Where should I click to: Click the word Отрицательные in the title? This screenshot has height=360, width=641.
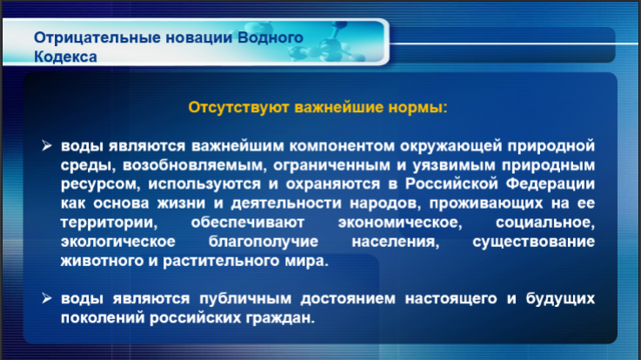click(97, 37)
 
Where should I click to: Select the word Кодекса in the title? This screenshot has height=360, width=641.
click(65, 57)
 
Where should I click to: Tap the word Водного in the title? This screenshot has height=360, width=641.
click(270, 37)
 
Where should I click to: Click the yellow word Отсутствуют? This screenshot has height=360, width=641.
click(238, 108)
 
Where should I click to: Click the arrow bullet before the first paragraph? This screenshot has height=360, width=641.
click(47, 145)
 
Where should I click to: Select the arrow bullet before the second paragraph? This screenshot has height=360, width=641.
click(47, 298)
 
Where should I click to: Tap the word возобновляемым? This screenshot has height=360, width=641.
click(195, 165)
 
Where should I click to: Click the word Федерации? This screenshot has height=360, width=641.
click(551, 183)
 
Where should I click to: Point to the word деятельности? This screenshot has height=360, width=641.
click(286, 203)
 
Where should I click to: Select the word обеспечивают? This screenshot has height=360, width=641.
click(248, 223)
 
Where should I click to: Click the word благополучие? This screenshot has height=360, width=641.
click(264, 242)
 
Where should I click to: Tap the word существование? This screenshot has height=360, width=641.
click(533, 242)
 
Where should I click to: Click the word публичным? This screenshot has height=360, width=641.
click(245, 299)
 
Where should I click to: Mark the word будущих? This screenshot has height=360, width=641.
click(560, 299)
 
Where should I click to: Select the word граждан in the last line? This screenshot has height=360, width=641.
click(280, 318)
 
